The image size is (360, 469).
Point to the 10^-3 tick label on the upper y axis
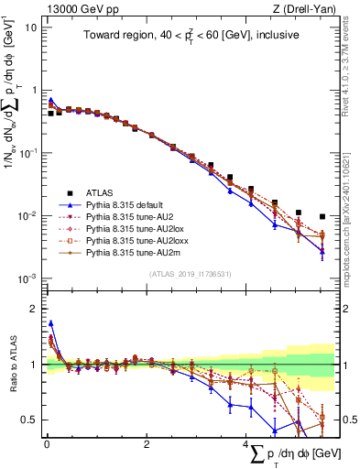click(x=27, y=278)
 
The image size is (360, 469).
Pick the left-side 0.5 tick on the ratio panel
click(x=29, y=420)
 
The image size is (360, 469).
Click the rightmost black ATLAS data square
click(x=322, y=217)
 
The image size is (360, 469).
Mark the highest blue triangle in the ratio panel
click(x=51, y=322)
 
